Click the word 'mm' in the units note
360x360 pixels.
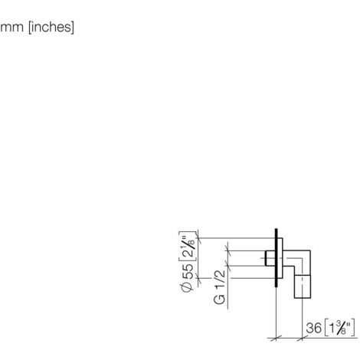(x=11, y=27)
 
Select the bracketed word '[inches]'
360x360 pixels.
(x=51, y=27)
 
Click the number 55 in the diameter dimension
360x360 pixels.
(x=188, y=272)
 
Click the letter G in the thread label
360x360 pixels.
(x=220, y=299)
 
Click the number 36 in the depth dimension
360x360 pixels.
(x=314, y=328)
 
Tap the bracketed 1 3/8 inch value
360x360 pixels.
(x=339, y=328)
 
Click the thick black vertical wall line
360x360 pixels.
(x=276, y=258)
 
